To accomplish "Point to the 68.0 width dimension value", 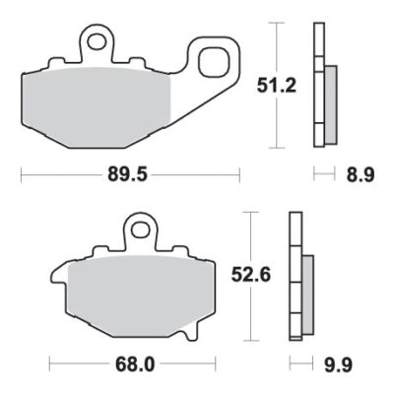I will (136, 362).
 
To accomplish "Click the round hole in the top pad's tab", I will (97, 41).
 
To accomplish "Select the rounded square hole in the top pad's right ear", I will (212, 61).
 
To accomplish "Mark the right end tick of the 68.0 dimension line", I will (214, 362).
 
